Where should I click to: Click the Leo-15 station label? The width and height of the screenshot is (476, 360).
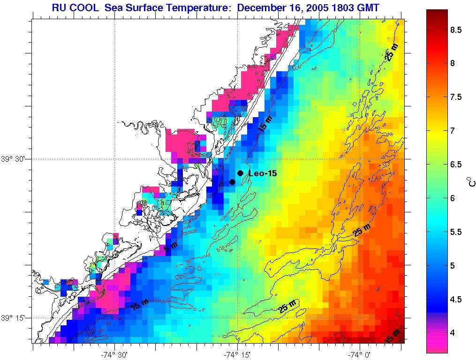tap(263, 174)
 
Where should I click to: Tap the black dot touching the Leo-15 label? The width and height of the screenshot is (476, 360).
tap(240, 173)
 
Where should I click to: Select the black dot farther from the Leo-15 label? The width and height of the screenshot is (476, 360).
tap(232, 182)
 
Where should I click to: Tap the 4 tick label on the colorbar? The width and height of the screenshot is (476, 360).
tap(453, 333)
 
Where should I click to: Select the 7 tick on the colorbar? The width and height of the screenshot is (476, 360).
tap(453, 131)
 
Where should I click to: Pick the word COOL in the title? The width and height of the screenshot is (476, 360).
tap(86, 7)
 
